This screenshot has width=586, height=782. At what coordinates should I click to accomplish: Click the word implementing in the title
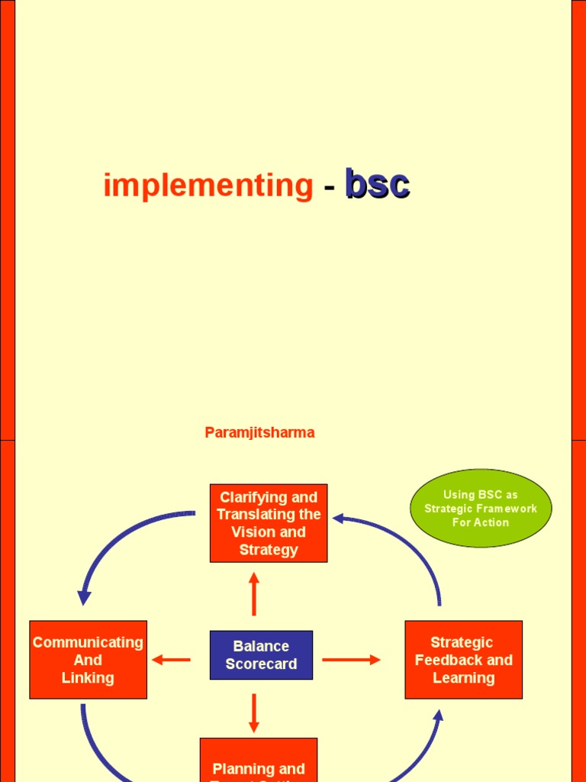pyautogui.click(x=208, y=186)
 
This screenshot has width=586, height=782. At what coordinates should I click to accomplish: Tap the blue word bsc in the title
pyautogui.click(x=377, y=185)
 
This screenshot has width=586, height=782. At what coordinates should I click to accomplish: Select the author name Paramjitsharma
pyautogui.click(x=259, y=432)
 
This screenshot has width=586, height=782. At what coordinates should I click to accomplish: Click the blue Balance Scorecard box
pyautogui.click(x=261, y=655)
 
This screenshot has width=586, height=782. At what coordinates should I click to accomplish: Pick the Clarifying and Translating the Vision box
pyautogui.click(x=269, y=523)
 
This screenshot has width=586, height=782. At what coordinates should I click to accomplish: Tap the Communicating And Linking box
pyautogui.click(x=88, y=660)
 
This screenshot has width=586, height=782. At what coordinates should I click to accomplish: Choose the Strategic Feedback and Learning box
pyautogui.click(x=463, y=660)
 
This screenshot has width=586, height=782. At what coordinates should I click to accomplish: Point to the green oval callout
pyautogui.click(x=481, y=509)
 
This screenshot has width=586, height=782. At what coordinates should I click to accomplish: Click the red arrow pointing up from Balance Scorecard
pyautogui.click(x=254, y=593)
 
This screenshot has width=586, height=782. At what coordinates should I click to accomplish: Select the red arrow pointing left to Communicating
pyautogui.click(x=171, y=660)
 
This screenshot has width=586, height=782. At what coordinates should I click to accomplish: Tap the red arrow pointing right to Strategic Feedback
pyautogui.click(x=351, y=660)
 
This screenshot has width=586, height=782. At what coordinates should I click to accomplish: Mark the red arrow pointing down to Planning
pyautogui.click(x=254, y=713)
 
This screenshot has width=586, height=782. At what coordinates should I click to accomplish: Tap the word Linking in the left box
pyautogui.click(x=88, y=677)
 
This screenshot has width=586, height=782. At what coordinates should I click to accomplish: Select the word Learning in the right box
pyautogui.click(x=463, y=677)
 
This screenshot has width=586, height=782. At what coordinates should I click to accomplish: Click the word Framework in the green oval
pyautogui.click(x=509, y=509)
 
